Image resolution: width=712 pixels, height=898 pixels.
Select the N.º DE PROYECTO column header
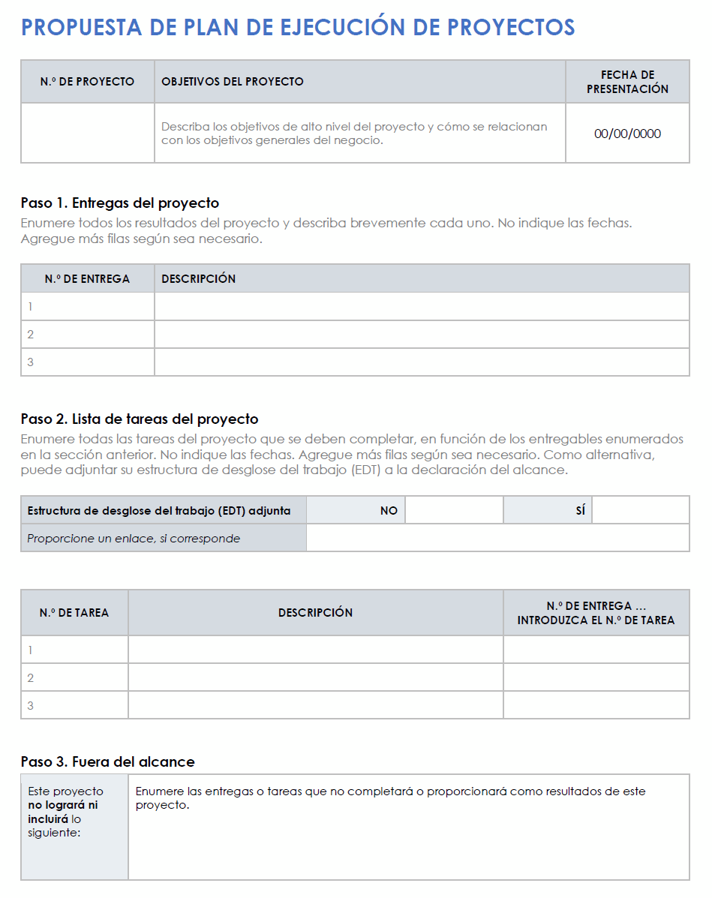click(x=87, y=81)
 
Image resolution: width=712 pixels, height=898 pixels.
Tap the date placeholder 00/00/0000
click(x=627, y=134)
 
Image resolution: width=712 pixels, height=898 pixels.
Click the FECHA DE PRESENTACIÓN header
click(x=627, y=81)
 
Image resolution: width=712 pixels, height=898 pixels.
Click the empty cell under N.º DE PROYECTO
click(x=87, y=133)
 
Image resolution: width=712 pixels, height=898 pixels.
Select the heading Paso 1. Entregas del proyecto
click(x=120, y=203)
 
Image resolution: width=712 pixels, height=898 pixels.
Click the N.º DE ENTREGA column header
click(x=87, y=278)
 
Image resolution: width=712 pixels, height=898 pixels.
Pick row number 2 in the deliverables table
click(x=31, y=335)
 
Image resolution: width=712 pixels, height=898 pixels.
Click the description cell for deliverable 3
click(x=422, y=362)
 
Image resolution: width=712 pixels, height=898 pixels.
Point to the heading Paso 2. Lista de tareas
click(x=140, y=419)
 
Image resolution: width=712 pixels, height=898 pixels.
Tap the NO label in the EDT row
click(x=389, y=510)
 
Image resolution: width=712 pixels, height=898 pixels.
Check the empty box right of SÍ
click(x=641, y=510)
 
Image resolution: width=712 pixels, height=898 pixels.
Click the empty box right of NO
click(x=454, y=510)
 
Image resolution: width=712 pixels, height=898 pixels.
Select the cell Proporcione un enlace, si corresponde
click(x=134, y=538)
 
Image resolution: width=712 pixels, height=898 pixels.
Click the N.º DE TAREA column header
click(x=74, y=612)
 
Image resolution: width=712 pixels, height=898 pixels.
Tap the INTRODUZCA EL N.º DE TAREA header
click(x=596, y=620)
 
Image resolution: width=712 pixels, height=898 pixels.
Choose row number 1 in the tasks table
click(x=31, y=650)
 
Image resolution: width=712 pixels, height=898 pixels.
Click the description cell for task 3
click(x=315, y=706)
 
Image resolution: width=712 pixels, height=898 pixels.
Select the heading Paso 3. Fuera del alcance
click(x=108, y=762)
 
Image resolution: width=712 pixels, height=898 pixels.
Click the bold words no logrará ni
click(x=62, y=805)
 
